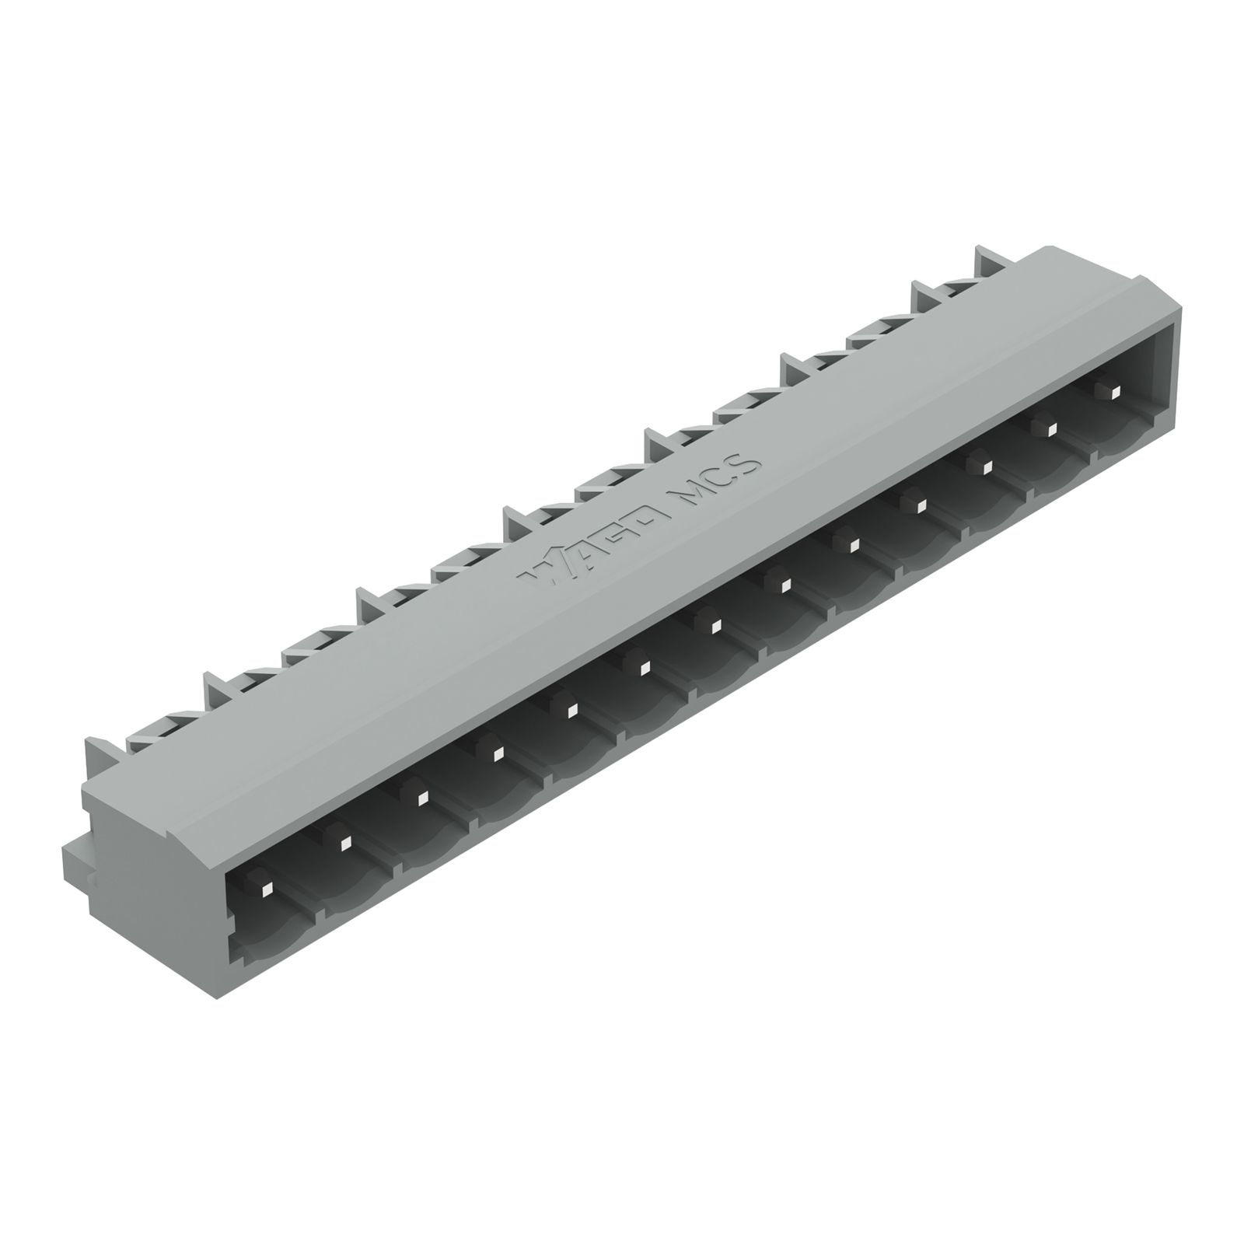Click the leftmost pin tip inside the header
click(266, 888)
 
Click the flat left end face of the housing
click(148, 840)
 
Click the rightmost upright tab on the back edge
click(987, 263)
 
